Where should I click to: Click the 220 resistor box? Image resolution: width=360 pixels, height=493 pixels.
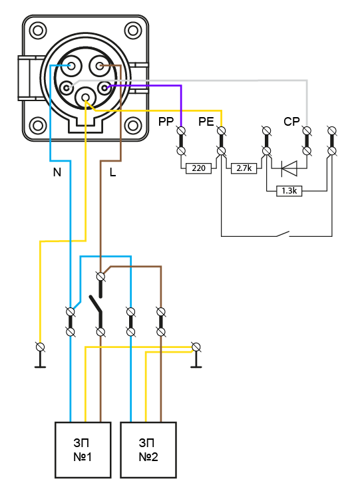tap(198, 168)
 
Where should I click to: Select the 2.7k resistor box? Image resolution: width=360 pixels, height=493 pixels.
tap(244, 168)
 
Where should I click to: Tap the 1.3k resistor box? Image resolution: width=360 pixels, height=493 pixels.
tap(289, 191)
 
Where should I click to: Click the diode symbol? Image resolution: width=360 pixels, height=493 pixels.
tap(289, 168)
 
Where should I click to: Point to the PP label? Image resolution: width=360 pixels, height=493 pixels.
tap(166, 122)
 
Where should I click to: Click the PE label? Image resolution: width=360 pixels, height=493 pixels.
tap(206, 122)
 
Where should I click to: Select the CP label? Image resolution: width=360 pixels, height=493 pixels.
tap(291, 122)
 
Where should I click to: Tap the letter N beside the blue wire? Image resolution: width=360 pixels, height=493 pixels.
tap(57, 172)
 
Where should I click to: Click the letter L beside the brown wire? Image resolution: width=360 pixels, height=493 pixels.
tap(112, 172)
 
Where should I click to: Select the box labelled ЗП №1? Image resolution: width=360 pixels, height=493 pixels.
tap(83, 450)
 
